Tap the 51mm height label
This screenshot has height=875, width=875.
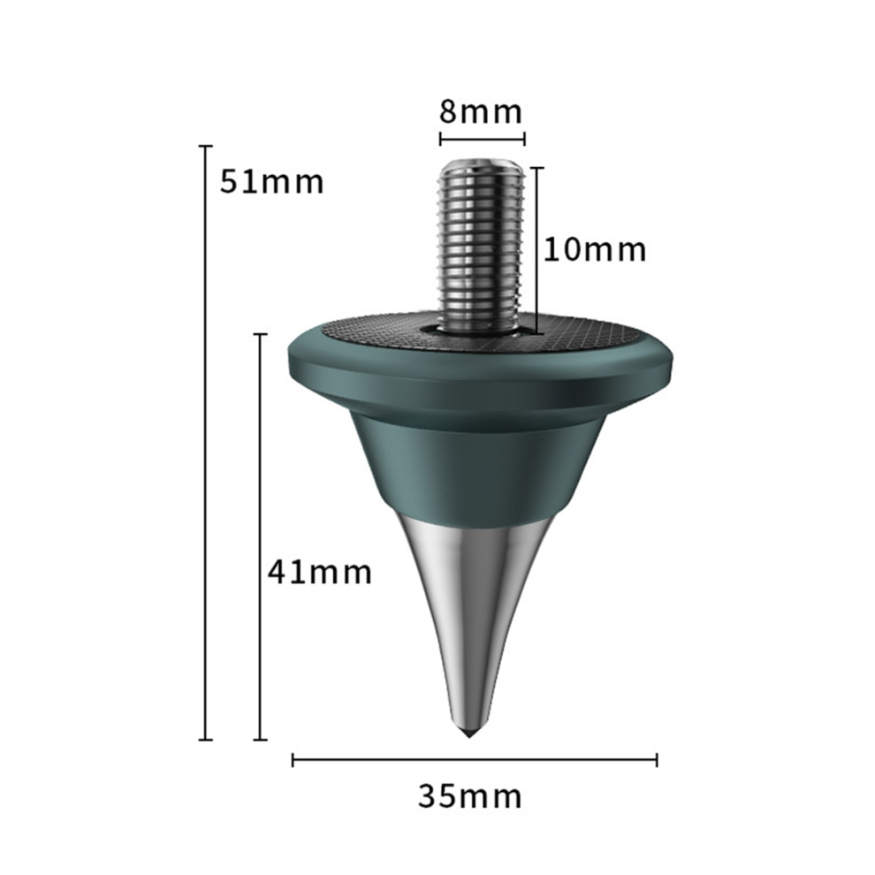tap(271, 181)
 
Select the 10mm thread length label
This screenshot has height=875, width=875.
tap(595, 249)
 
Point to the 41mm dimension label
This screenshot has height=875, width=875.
tap(320, 572)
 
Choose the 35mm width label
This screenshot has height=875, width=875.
tap(470, 796)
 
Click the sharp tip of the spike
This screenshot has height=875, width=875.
tap(468, 736)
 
